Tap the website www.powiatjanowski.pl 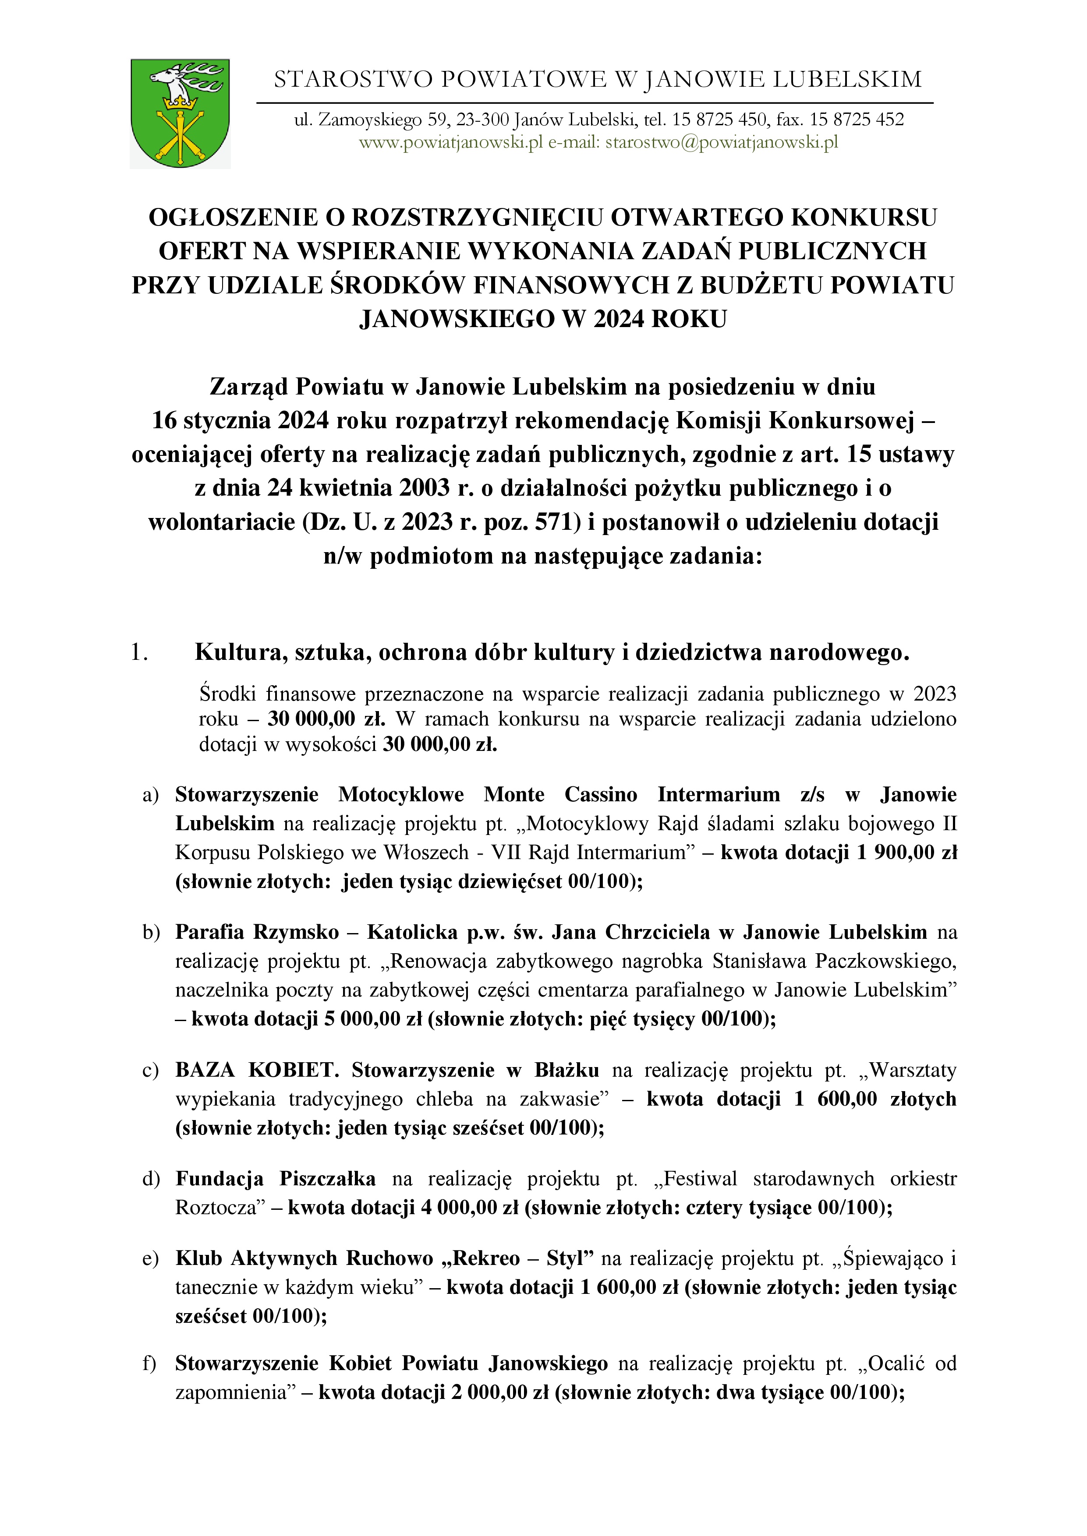(x=450, y=142)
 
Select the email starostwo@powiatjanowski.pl (x=722, y=142)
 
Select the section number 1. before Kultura (x=139, y=652)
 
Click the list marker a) (x=151, y=795)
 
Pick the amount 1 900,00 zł (x=906, y=853)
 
